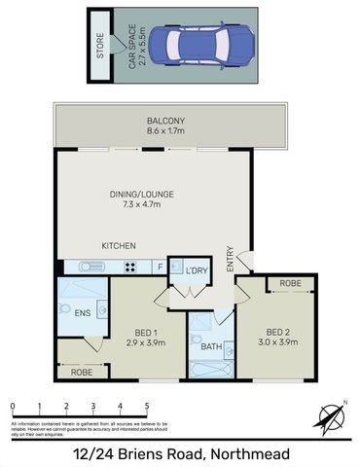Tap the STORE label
(x=99, y=46)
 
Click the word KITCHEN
(x=119, y=246)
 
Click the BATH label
(x=211, y=346)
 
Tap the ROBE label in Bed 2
(x=290, y=284)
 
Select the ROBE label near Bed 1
(x=82, y=372)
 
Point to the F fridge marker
(x=159, y=266)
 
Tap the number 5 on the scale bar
(x=147, y=407)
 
